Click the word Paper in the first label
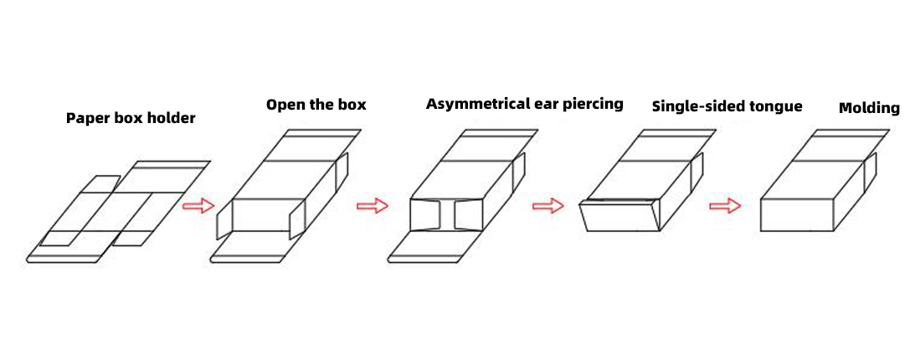coord(84,118)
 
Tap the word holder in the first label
coord(172,118)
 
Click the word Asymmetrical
coord(477,104)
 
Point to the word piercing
coord(593,104)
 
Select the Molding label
coord(869,108)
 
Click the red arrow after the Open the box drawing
coord(373,206)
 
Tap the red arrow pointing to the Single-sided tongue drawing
coord(548,206)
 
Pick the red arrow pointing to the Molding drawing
coord(725,206)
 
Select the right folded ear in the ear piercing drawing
coord(468,215)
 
